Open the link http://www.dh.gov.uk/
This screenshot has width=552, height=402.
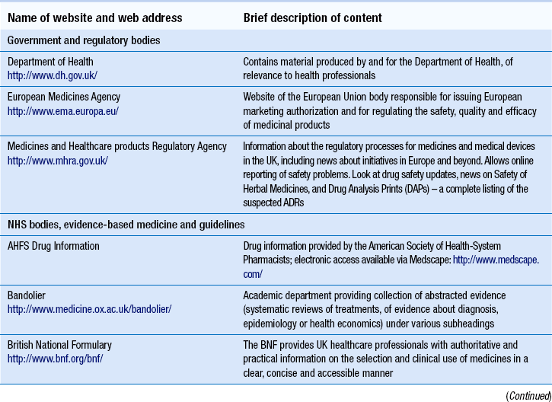coord(48,75)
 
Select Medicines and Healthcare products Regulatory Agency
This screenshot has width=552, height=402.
coord(117,145)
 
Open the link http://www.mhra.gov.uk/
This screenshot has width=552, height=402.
coord(58,160)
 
